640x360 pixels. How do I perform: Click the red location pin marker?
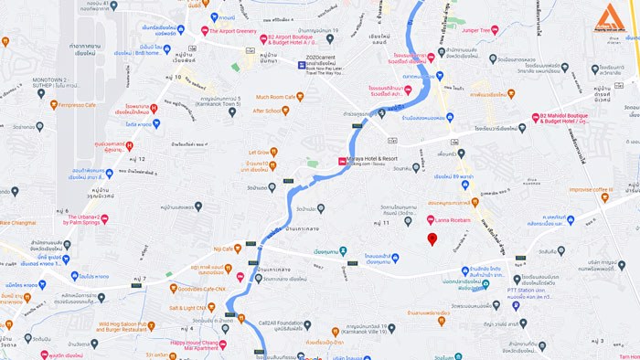(432, 238)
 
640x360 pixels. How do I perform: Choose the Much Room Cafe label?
(280, 96)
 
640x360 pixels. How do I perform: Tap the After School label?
(267, 111)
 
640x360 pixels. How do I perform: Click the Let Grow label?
(259, 152)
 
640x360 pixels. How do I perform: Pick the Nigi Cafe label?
(223, 248)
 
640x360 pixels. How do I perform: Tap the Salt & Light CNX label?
(200, 307)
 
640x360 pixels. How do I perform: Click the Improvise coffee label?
(589, 189)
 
